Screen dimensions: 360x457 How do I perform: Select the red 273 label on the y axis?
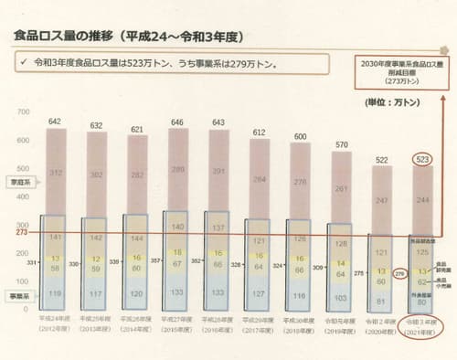[9, 233]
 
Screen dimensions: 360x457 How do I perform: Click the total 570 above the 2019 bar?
[343, 144]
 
